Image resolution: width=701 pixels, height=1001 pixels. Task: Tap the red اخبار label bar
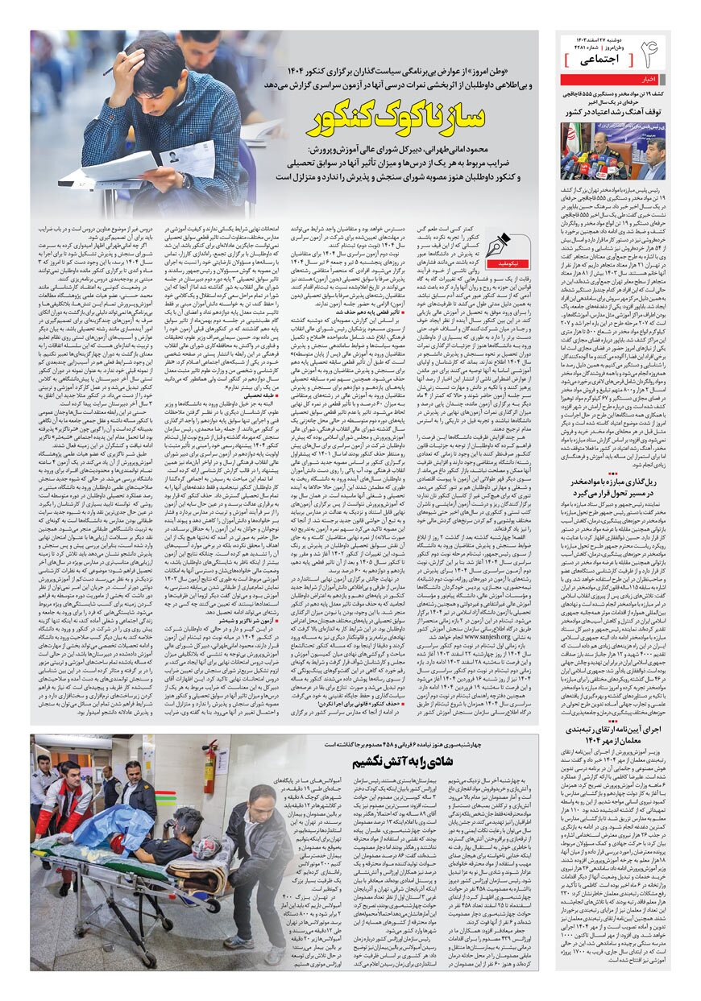pos(612,79)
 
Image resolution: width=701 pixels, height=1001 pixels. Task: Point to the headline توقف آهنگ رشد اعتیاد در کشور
pos(613,113)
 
